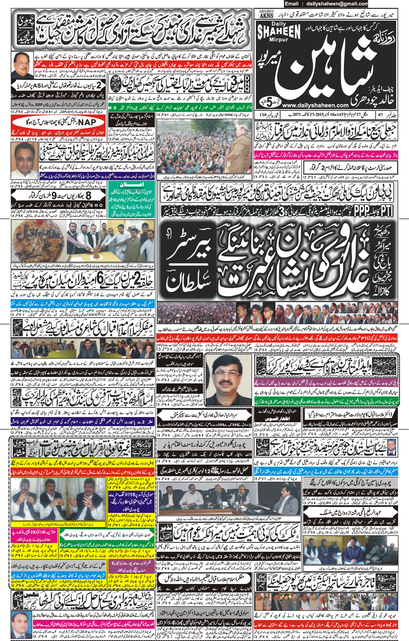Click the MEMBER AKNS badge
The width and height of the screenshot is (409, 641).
tap(266, 14)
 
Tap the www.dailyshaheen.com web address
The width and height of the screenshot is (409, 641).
tap(315, 105)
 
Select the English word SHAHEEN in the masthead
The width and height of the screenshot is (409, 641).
tap(278, 31)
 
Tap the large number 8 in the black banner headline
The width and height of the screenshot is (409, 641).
tap(88, 195)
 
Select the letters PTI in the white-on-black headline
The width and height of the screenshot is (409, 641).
tap(387, 210)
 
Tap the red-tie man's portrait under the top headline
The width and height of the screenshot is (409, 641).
tap(22, 65)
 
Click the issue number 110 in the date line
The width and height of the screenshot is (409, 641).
tap(263, 114)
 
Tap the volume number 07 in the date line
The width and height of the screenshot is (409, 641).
tap(381, 114)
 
